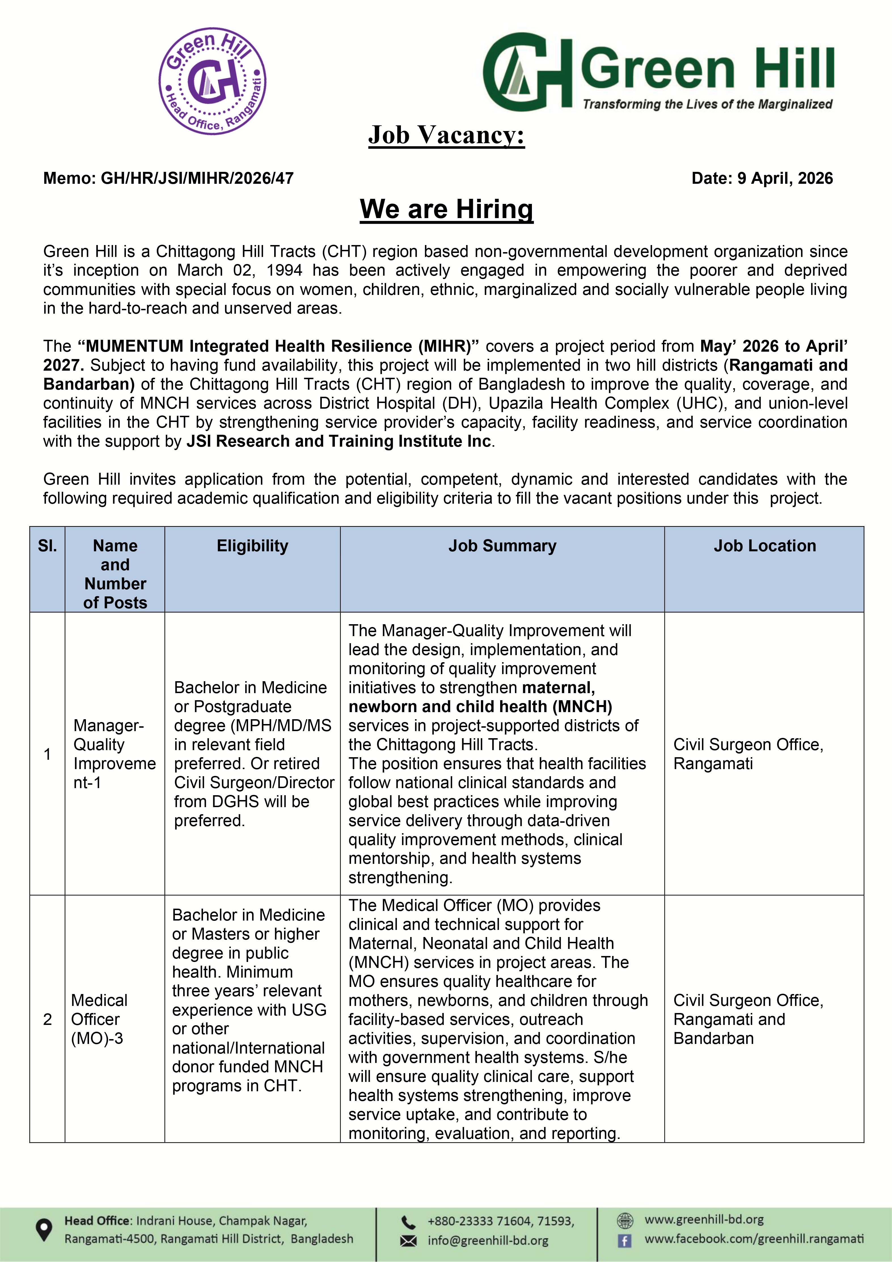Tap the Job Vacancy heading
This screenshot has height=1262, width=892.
tap(446, 135)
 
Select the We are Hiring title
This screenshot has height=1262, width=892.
tap(446, 209)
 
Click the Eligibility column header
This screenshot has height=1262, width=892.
tap(252, 546)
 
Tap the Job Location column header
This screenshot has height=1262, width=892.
tap(764, 546)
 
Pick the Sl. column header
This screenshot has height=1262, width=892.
tap(47, 546)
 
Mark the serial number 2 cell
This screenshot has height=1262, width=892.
tap(47, 1019)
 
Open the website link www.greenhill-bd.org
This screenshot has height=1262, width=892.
tap(704, 1220)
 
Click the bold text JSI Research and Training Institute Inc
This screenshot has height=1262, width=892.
tap(339, 441)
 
